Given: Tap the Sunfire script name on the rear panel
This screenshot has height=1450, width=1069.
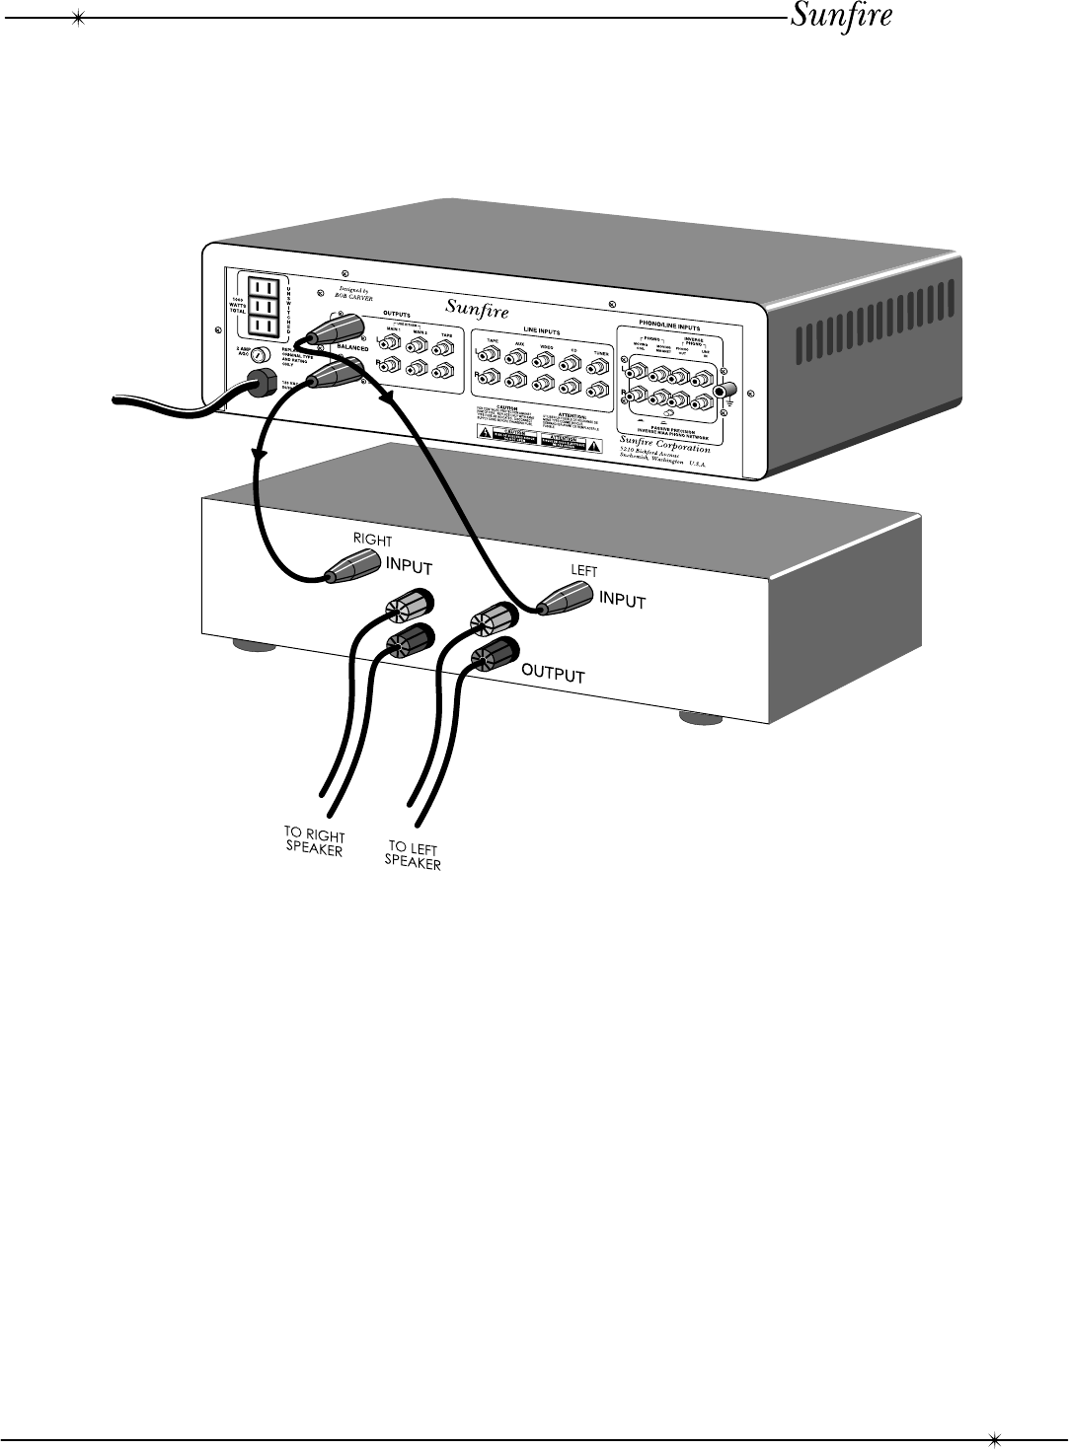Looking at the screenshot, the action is coord(477,308).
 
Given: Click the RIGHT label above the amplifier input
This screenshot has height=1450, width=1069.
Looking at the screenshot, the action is coord(372,541).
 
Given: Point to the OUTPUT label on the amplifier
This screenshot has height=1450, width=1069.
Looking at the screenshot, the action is coord(553,675).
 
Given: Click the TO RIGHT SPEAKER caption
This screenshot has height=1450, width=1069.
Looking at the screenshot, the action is coord(314,842).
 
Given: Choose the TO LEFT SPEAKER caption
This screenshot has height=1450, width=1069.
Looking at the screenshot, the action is coord(413,855).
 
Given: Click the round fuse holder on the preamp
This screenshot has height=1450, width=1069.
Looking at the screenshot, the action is coord(261,356).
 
